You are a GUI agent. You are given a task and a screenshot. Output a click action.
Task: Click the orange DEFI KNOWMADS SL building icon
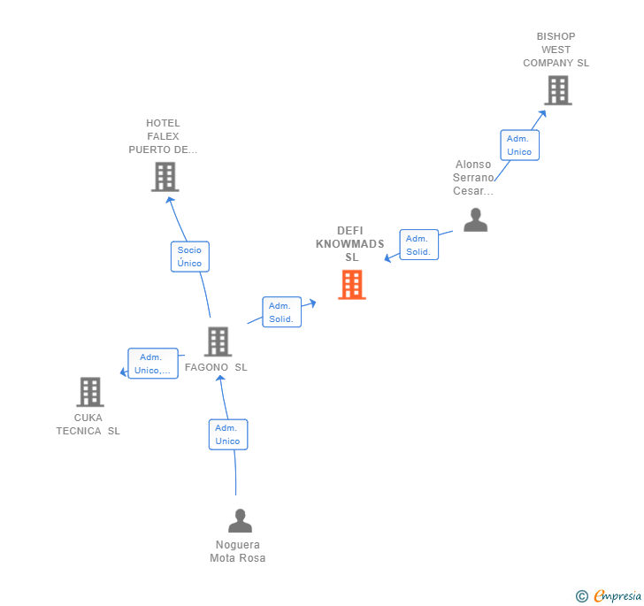pyautogui.click(x=352, y=285)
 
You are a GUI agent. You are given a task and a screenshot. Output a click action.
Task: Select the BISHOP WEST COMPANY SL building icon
pyautogui.click(x=557, y=90)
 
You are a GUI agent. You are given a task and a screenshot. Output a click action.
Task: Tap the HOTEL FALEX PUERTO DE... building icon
pyautogui.click(x=165, y=177)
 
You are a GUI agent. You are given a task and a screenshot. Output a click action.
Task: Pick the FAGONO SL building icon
pyautogui.click(x=218, y=341)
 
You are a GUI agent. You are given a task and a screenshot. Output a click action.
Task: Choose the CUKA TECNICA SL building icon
pyautogui.click(x=89, y=391)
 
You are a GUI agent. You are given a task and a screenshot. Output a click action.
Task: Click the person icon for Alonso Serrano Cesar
pyautogui.click(x=475, y=220)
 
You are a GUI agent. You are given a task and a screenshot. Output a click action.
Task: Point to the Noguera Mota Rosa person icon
pyautogui.click(x=240, y=521)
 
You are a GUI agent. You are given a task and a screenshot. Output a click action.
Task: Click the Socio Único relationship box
pyautogui.click(x=189, y=257)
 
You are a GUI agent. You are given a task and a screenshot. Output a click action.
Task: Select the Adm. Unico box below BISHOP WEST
pyautogui.click(x=519, y=145)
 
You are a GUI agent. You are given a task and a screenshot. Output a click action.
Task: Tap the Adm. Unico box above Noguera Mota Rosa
pyautogui.click(x=227, y=434)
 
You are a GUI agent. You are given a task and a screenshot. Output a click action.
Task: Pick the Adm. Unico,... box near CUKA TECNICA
pyautogui.click(x=153, y=364)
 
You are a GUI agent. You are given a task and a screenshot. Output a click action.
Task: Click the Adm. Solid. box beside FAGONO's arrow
pyautogui.click(x=281, y=312)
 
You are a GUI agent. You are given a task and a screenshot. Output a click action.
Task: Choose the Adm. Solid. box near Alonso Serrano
pyautogui.click(x=418, y=245)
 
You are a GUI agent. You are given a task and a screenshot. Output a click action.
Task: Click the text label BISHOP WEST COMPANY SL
pyautogui.click(x=556, y=50)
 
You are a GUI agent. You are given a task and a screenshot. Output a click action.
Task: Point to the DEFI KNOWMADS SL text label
pyautogui.click(x=350, y=244)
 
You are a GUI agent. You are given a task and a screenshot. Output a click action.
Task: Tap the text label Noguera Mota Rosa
pyautogui.click(x=237, y=551)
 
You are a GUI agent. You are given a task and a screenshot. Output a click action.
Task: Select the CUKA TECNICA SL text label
pyautogui.click(x=88, y=424)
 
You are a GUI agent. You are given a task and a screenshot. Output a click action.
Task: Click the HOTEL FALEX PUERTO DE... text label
pyautogui.click(x=163, y=136)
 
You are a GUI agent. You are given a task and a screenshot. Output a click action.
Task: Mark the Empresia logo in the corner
pyautogui.click(x=609, y=595)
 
